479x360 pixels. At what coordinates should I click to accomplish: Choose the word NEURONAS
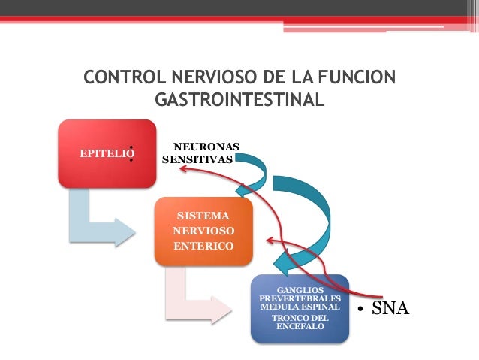[x=206, y=146]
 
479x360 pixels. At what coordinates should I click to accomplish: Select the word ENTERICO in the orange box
[x=203, y=246]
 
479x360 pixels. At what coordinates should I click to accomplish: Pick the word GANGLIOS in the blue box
[x=300, y=289]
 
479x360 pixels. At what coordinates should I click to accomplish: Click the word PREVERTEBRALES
[x=300, y=298]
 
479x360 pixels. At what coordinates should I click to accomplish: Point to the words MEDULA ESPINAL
[x=300, y=307]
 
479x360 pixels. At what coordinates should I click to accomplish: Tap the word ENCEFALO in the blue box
[x=300, y=328]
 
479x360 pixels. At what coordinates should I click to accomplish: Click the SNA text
[x=391, y=309]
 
